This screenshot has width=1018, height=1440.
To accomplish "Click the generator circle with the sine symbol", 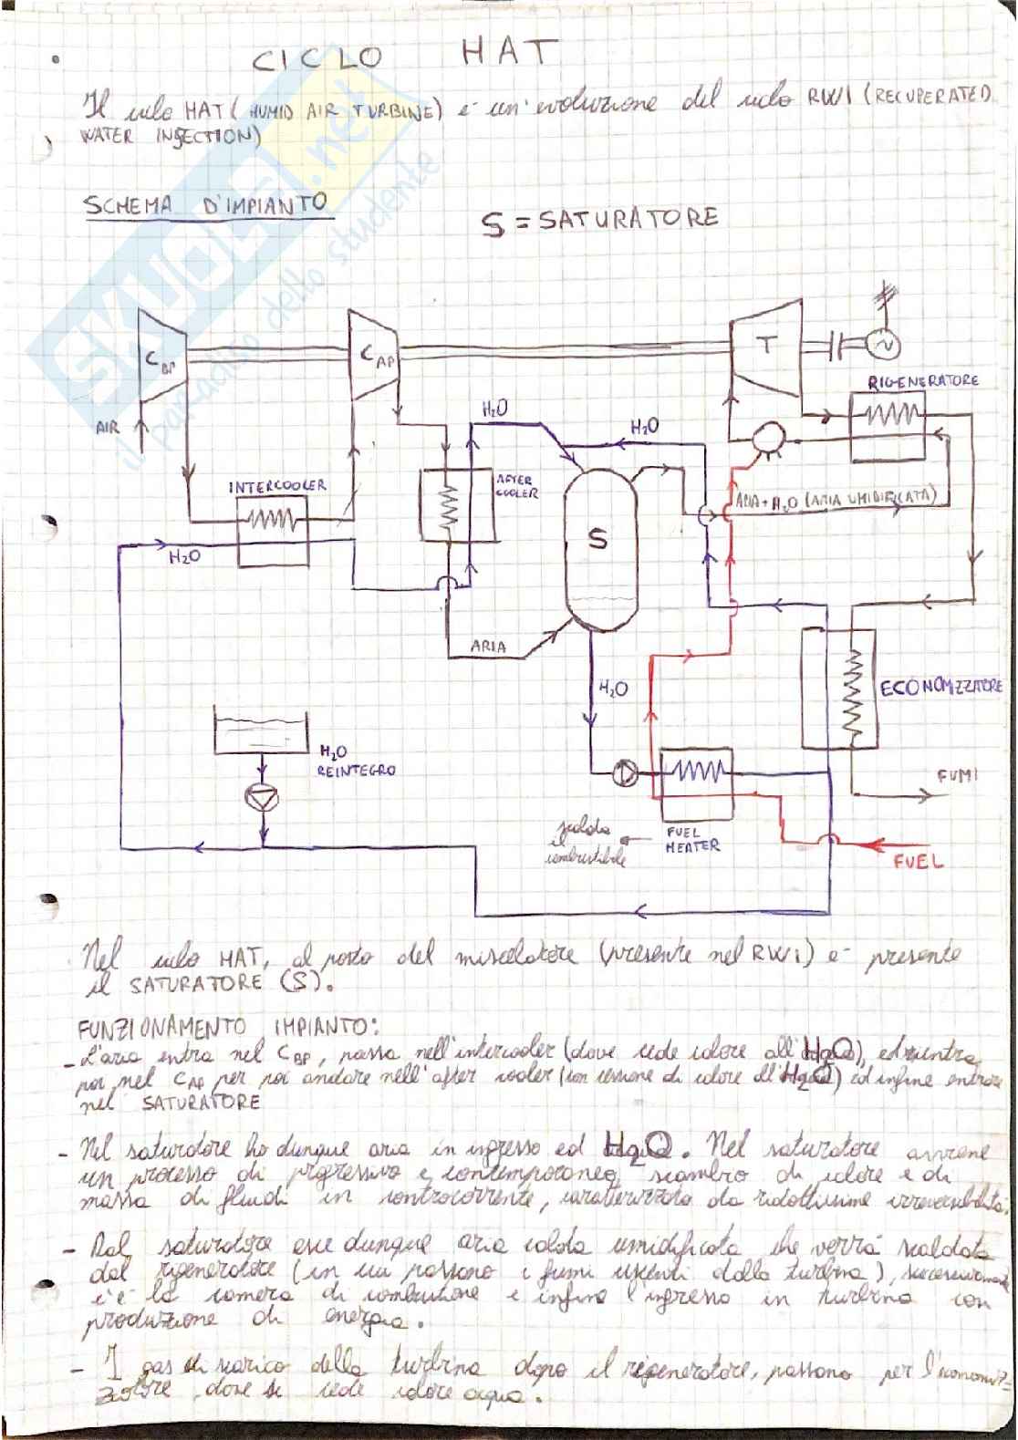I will pos(884,345).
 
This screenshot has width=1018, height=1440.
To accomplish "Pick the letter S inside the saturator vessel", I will pos(597,540).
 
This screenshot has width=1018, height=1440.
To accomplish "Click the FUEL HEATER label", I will pos(693,839).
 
